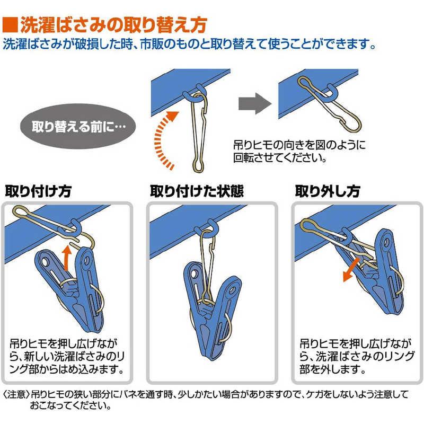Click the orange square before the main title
[x=10, y=25]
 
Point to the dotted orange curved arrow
[x=162, y=140]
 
